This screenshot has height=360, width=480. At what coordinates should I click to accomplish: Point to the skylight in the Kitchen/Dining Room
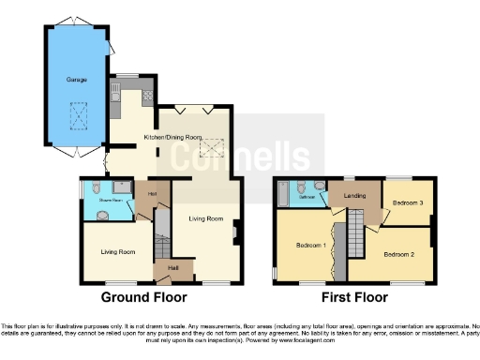(216, 145)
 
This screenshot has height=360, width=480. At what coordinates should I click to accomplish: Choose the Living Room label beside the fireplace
(206, 218)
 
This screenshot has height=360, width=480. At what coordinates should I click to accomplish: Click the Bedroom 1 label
(310, 246)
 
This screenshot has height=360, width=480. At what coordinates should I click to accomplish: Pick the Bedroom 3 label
(408, 202)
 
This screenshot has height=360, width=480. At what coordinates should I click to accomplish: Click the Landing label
(355, 196)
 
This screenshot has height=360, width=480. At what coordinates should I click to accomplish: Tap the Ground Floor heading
(143, 297)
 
